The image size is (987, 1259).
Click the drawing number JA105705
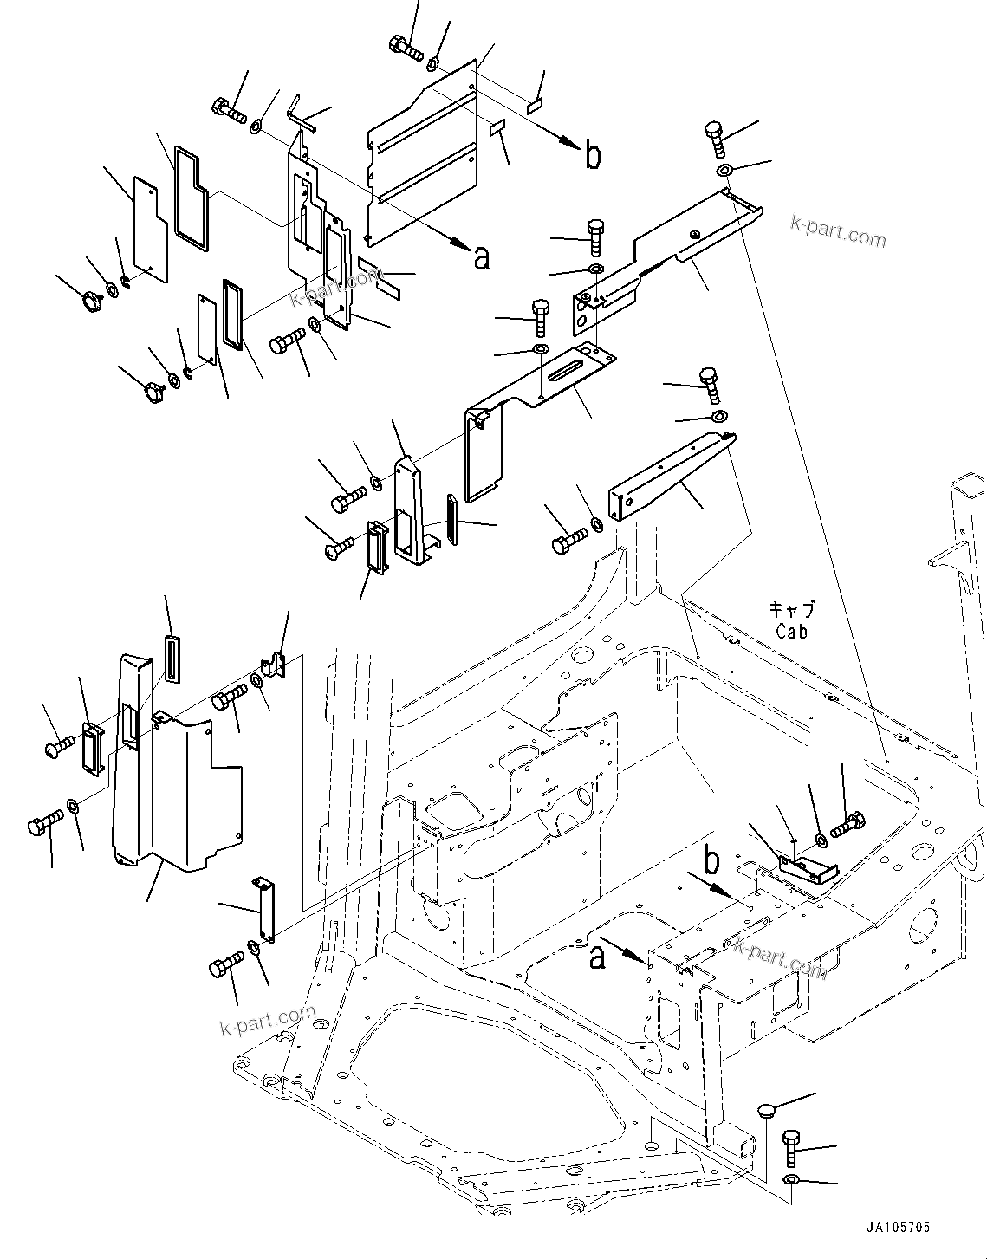(896, 1227)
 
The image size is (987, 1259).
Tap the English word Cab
(791, 632)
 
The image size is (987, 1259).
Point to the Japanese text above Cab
(792, 609)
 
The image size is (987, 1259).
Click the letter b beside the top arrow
(593, 156)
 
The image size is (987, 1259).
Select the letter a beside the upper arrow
(482, 257)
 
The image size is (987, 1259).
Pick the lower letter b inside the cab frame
(711, 862)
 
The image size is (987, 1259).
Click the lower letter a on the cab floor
(596, 957)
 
